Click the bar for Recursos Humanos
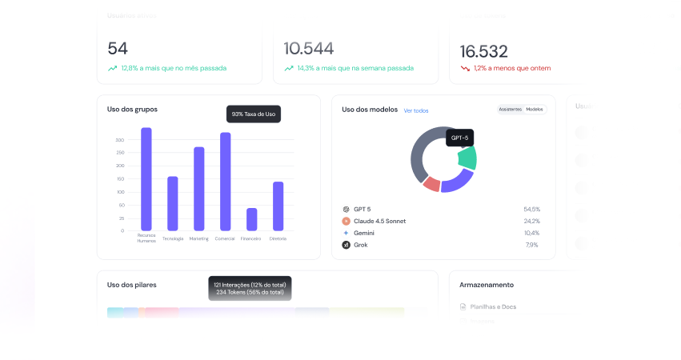click(146, 179)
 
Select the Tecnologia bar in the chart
click(172, 203)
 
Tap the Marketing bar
click(199, 189)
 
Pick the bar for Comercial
click(226, 182)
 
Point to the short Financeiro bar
click(252, 219)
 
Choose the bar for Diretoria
click(278, 206)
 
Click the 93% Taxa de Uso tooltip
click(254, 114)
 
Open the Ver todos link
click(416, 110)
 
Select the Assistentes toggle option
click(510, 109)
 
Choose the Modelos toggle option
click(535, 109)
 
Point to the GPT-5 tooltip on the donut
click(459, 138)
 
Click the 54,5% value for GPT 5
click(531, 209)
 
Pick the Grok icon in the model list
click(346, 245)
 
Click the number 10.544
click(309, 48)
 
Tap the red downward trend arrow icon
click(465, 69)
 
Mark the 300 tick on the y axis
click(120, 140)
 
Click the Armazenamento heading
click(487, 285)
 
